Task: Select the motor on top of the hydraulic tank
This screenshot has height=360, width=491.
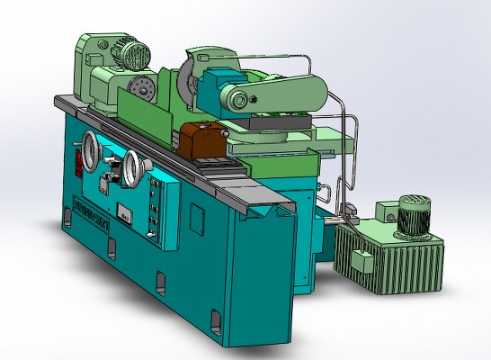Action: pos(414,215)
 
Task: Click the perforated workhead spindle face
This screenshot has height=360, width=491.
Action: pos(140,89)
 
